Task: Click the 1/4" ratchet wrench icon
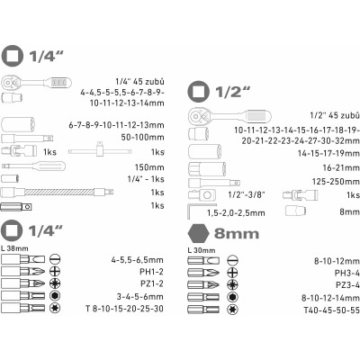(x=37, y=82)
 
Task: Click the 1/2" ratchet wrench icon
(x=230, y=116)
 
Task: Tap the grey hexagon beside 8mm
(x=198, y=233)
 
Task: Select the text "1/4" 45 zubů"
(x=139, y=82)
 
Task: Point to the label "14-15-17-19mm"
(x=328, y=153)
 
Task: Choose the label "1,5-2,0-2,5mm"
(x=236, y=213)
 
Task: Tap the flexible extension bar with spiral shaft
(x=57, y=192)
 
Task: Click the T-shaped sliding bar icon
(x=100, y=150)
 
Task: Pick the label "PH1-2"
(x=151, y=272)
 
